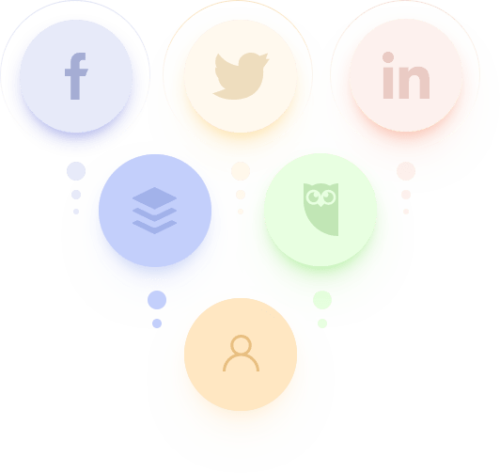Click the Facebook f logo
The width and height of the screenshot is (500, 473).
(x=77, y=76)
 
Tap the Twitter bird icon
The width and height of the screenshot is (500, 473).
(x=241, y=76)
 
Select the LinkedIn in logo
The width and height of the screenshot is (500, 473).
(x=406, y=75)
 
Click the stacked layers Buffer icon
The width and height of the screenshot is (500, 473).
(x=155, y=211)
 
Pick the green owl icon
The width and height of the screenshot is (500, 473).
(x=320, y=210)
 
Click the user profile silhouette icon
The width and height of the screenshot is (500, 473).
(x=241, y=353)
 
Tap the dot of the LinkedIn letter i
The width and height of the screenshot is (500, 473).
(x=388, y=57)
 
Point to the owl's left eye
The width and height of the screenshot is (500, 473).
(x=313, y=197)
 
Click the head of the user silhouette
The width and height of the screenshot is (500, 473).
(x=241, y=344)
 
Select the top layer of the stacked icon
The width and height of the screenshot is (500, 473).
(x=155, y=198)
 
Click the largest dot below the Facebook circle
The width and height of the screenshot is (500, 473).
(x=76, y=171)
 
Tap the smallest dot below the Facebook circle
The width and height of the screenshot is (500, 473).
(x=76, y=212)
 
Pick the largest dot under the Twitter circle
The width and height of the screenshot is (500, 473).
(x=241, y=171)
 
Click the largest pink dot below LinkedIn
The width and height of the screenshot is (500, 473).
(x=406, y=171)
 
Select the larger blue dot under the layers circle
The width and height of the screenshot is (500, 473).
(x=157, y=300)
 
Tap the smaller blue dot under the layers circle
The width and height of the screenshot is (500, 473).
(x=157, y=323)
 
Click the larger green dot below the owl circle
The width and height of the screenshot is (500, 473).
(x=322, y=300)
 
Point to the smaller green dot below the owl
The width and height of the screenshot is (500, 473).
(x=322, y=323)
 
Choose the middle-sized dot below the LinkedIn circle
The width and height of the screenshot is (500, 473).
(x=406, y=195)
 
